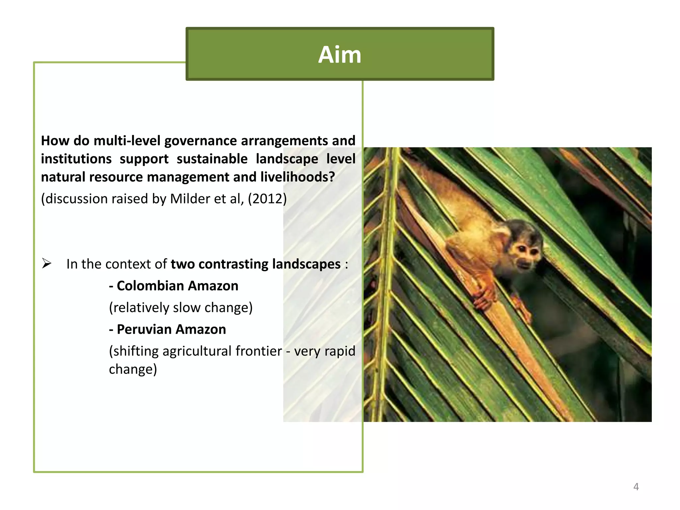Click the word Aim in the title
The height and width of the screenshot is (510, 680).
[339, 54]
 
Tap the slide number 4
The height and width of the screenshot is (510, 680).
[636, 487]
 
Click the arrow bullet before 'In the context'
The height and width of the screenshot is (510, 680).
[46, 264]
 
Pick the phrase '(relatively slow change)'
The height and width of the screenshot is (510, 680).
[181, 307]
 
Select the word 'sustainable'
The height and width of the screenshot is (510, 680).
[212, 159]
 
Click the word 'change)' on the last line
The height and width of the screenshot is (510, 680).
[133, 369]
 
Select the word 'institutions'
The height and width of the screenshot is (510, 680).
[76, 159]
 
